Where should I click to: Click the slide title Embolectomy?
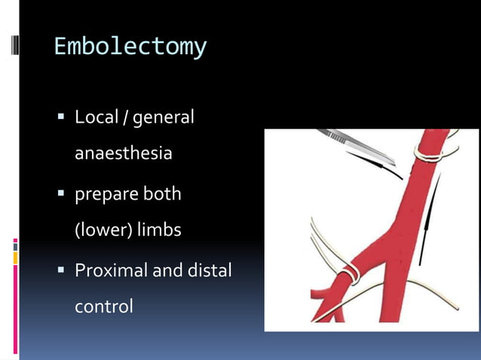coord(130,47)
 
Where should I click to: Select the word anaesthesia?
coord(123,154)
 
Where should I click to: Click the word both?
coord(163,194)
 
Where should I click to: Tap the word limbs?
coord(161,229)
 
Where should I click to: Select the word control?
coord(103,307)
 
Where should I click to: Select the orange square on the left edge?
coord(15,258)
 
